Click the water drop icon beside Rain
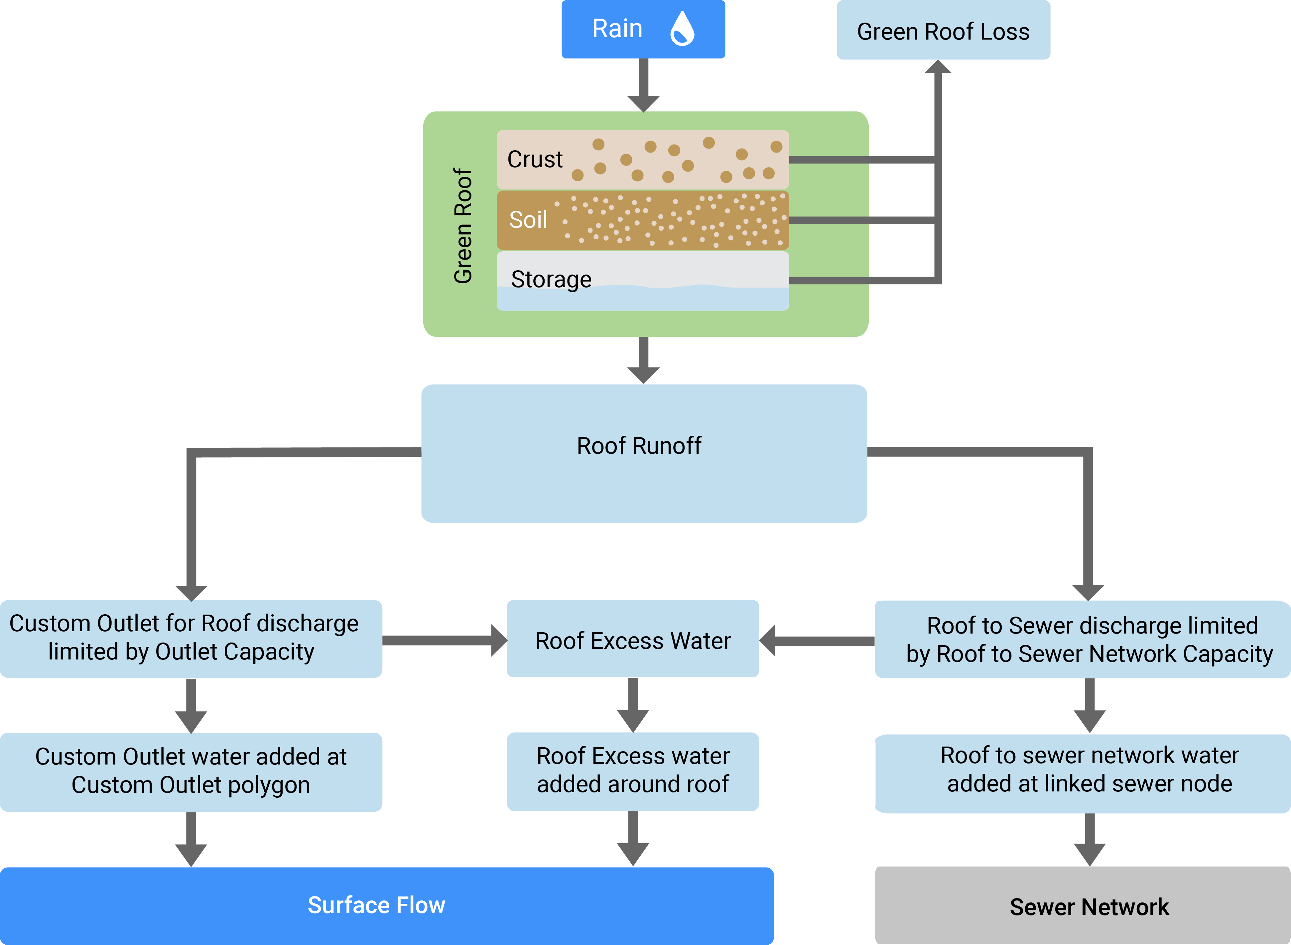pyautogui.click(x=682, y=29)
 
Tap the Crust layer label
pyautogui.click(x=535, y=159)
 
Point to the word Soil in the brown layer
pyautogui.click(x=528, y=220)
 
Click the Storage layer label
pyautogui.click(x=551, y=279)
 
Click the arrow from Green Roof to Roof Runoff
pyautogui.click(x=643, y=360)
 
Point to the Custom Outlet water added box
pyautogui.click(x=191, y=771)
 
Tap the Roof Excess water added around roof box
pyautogui.click(x=633, y=770)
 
